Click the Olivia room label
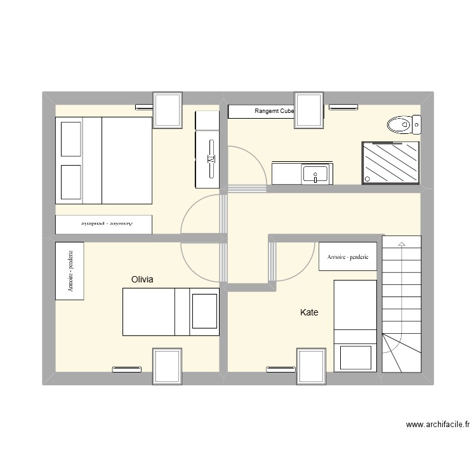[x=142, y=279]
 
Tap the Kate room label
[x=309, y=312]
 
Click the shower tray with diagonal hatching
[x=390, y=162]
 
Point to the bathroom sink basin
[x=315, y=173]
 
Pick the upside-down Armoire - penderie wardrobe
[x=103, y=225]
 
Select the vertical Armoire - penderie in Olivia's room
[x=69, y=271]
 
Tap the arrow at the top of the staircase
[x=402, y=244]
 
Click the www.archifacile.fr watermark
[x=437, y=425]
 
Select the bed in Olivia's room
[x=171, y=312]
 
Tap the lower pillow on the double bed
[x=71, y=182]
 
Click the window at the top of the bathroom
[x=310, y=110]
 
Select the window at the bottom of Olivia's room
[x=168, y=366]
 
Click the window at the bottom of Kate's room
[x=312, y=366]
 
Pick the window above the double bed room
[x=168, y=110]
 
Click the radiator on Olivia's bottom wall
[x=127, y=368]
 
